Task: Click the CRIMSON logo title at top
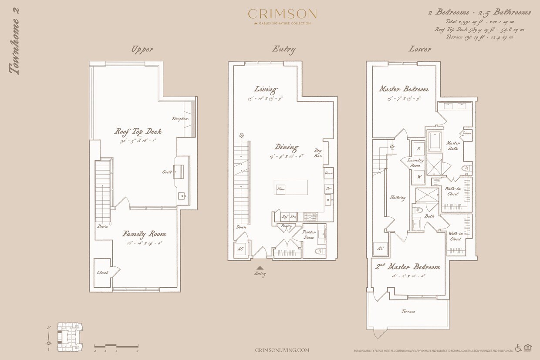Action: click(x=282, y=13)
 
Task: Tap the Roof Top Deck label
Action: click(x=138, y=131)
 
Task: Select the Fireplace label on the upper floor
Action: click(x=180, y=118)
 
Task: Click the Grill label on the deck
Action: click(x=167, y=172)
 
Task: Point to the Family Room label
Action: click(x=144, y=234)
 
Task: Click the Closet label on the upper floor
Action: click(x=103, y=273)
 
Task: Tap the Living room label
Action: click(x=266, y=90)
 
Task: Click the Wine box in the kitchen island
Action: click(x=281, y=189)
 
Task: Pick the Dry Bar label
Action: click(x=318, y=153)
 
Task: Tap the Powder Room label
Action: click(x=309, y=235)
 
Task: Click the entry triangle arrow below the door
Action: click(x=260, y=268)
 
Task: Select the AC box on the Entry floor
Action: click(x=240, y=249)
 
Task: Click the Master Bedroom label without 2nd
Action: click(x=404, y=89)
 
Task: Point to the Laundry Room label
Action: click(x=415, y=163)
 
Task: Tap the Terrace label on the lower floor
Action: click(x=408, y=311)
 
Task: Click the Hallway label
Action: click(x=398, y=198)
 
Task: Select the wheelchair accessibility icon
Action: click(x=518, y=347)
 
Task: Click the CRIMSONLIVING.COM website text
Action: click(x=282, y=350)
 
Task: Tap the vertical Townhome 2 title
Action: click(x=16, y=41)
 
